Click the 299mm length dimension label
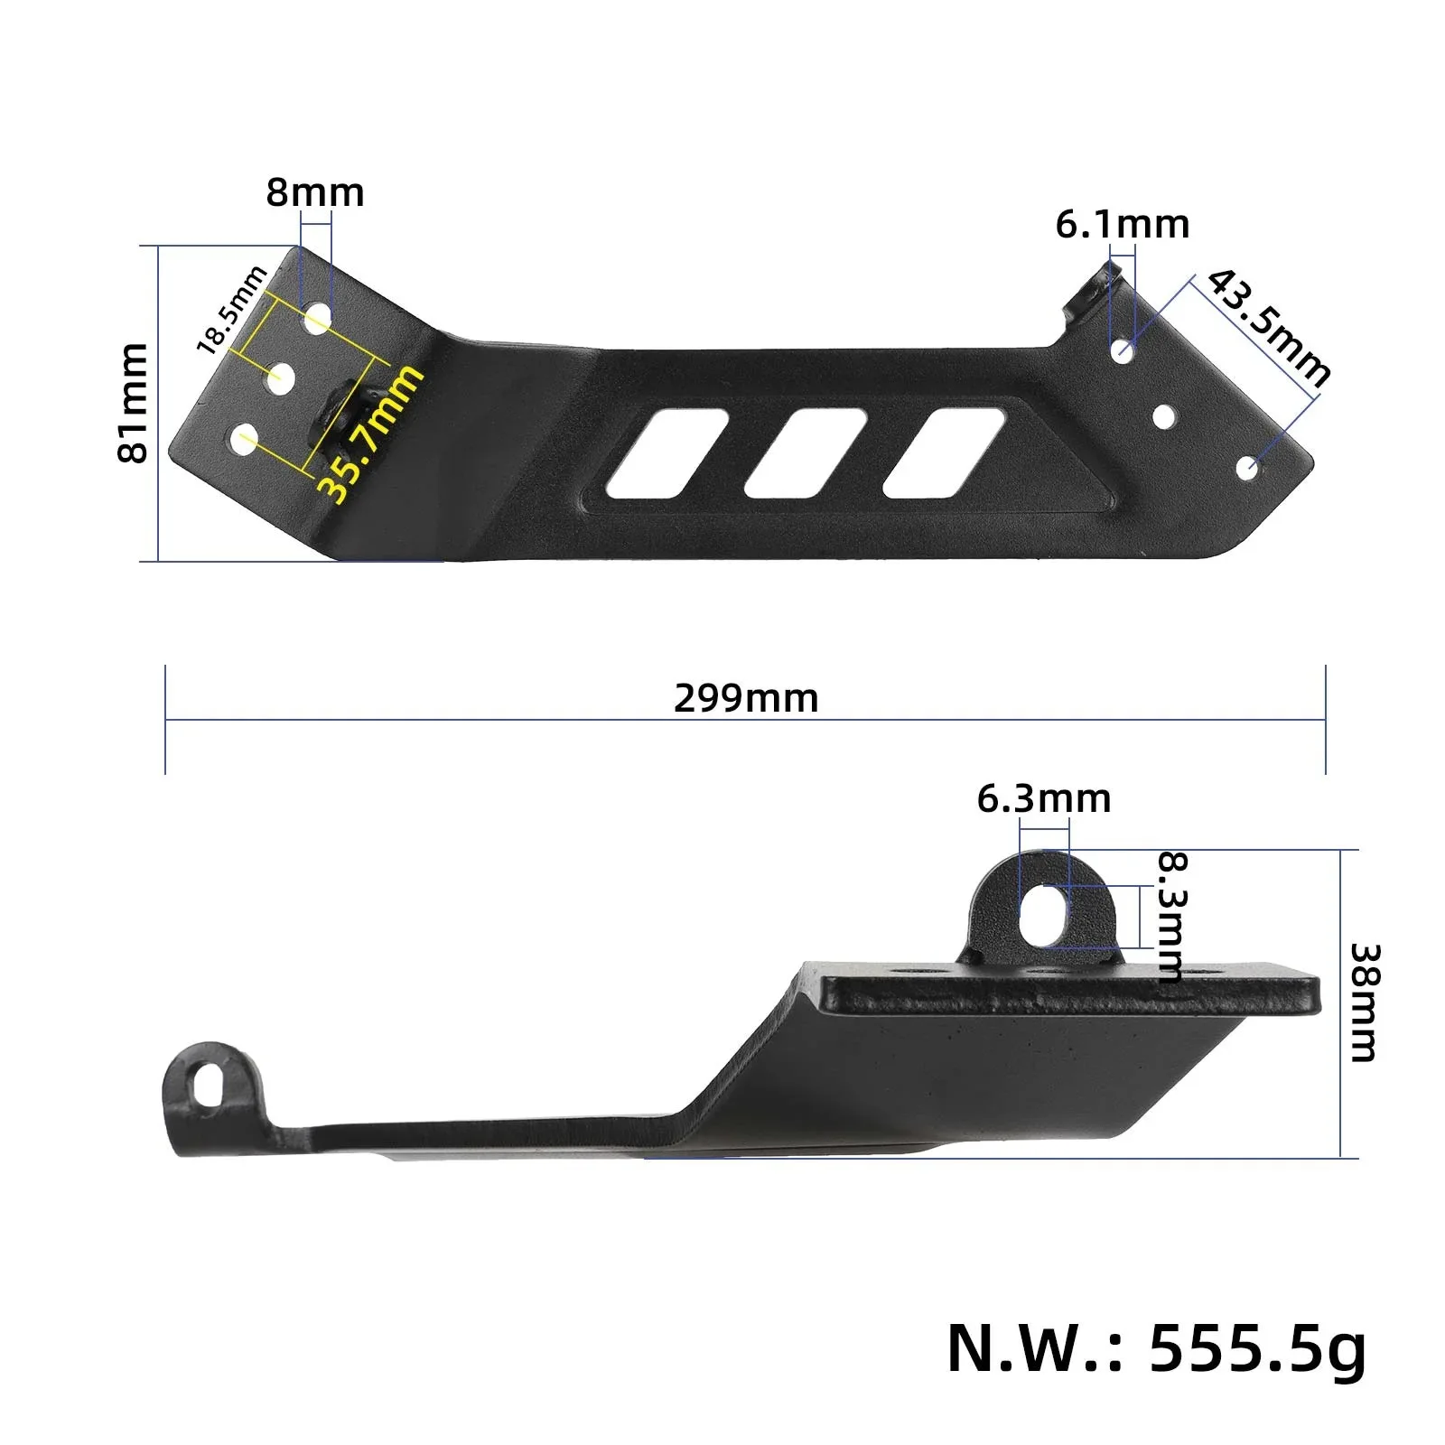tap(746, 698)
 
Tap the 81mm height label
tap(133, 403)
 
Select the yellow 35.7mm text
tap(370, 433)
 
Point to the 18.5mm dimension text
tap(232, 309)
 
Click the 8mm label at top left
tap(315, 192)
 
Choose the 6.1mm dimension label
tap(1123, 224)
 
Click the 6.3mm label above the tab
tap(1044, 798)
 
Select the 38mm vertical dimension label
tap(1364, 1002)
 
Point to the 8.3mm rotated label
tap(1171, 917)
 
